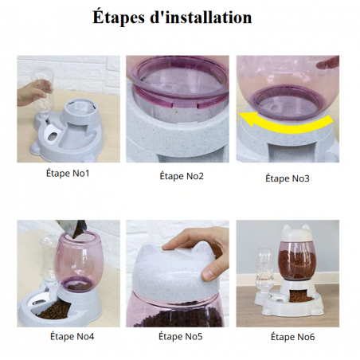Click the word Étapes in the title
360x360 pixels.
point(119,18)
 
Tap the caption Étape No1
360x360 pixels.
point(68,174)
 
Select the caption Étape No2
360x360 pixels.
point(182,176)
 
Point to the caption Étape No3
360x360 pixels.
point(288,178)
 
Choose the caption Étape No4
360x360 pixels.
point(72,336)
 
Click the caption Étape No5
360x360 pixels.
point(181,336)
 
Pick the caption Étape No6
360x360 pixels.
point(292,337)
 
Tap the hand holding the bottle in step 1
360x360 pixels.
point(30,93)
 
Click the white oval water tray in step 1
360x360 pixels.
point(51,132)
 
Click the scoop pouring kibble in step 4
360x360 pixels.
point(72,228)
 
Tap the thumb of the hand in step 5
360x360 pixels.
point(211,272)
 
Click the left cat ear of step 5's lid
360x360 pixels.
point(145,251)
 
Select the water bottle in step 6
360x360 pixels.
point(264,270)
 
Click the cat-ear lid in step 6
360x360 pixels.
point(296,233)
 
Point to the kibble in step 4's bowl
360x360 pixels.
point(54,310)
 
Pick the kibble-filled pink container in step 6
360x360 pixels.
point(295,260)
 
